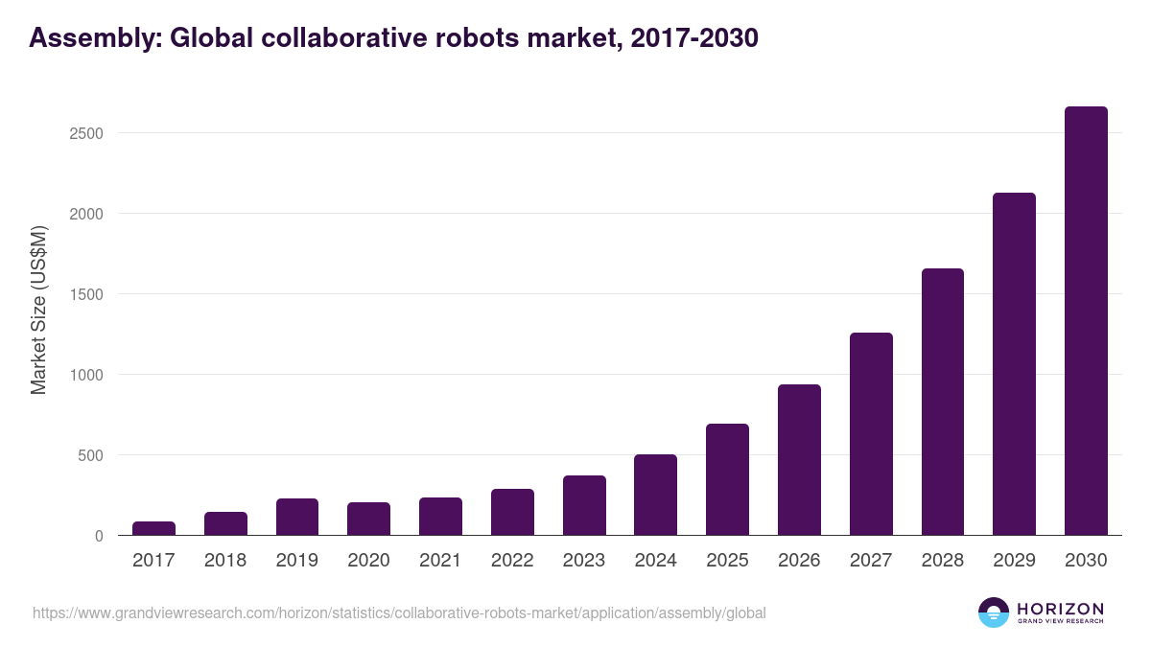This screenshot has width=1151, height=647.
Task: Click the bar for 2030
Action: [x=1086, y=321]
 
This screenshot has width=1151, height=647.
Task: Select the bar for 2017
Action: [x=153, y=528]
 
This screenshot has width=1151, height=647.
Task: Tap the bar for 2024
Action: [x=655, y=495]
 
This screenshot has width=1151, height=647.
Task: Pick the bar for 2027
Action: [x=871, y=434]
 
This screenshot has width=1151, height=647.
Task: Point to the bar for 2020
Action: [x=368, y=519]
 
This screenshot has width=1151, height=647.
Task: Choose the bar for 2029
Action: [x=1014, y=364]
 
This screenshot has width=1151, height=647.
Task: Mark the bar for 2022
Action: [x=512, y=512]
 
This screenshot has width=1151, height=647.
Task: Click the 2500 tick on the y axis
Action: [x=86, y=133]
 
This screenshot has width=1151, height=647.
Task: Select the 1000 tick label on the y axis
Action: [x=86, y=375]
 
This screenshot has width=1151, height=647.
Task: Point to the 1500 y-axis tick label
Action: [x=86, y=294]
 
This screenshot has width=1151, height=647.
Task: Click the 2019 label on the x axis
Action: [x=297, y=561]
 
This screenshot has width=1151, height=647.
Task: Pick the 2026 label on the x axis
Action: [x=799, y=561]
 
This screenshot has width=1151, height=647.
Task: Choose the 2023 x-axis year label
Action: [x=584, y=561]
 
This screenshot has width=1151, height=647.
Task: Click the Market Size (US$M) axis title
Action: [x=38, y=310]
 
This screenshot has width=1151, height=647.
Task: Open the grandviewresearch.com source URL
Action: [x=399, y=612]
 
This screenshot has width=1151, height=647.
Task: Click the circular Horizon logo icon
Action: [x=994, y=612]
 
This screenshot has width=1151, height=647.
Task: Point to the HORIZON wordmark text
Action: [x=1060, y=609]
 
